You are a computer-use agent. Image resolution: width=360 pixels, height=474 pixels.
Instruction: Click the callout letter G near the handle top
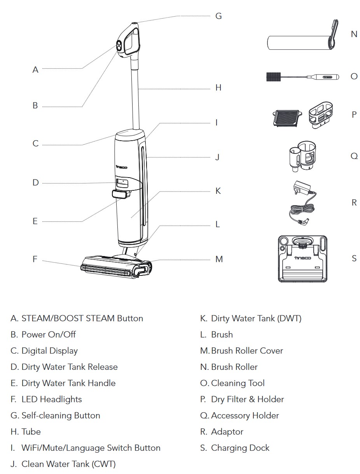click(218, 16)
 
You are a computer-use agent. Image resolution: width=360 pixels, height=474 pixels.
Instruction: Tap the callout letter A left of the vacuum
click(35, 70)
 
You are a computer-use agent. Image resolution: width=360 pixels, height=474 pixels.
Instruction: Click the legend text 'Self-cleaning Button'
click(61, 415)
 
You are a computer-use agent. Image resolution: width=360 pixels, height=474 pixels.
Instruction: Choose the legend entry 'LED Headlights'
click(52, 399)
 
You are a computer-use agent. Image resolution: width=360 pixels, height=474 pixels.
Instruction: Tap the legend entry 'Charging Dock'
click(240, 448)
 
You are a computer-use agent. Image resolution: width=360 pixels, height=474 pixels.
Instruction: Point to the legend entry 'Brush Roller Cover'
click(247, 350)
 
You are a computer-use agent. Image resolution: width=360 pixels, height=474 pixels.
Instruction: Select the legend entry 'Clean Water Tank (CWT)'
click(68, 464)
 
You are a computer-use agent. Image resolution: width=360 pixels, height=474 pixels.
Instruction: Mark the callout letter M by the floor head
click(219, 259)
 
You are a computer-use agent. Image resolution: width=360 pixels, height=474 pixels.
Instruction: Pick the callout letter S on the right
click(354, 258)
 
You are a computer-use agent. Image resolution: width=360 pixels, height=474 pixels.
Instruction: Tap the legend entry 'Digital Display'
click(49, 350)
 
